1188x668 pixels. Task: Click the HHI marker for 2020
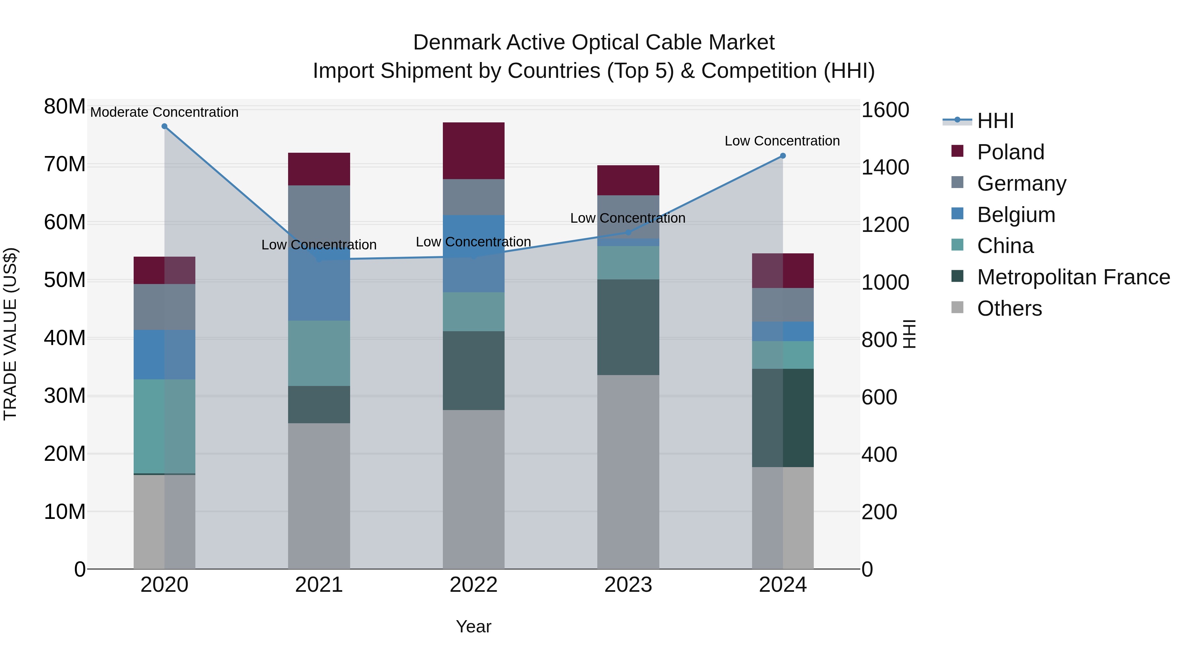click(164, 126)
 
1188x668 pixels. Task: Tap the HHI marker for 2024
click(783, 156)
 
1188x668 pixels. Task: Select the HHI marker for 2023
click(628, 232)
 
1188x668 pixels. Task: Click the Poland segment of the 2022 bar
click(474, 151)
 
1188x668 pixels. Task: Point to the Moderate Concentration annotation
click(164, 112)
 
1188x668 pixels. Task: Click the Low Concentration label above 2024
click(782, 141)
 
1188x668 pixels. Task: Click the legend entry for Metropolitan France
click(1073, 277)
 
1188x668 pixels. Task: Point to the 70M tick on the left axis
click(65, 165)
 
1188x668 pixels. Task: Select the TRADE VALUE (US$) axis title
click(10, 334)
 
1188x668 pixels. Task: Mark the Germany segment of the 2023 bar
click(628, 217)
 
